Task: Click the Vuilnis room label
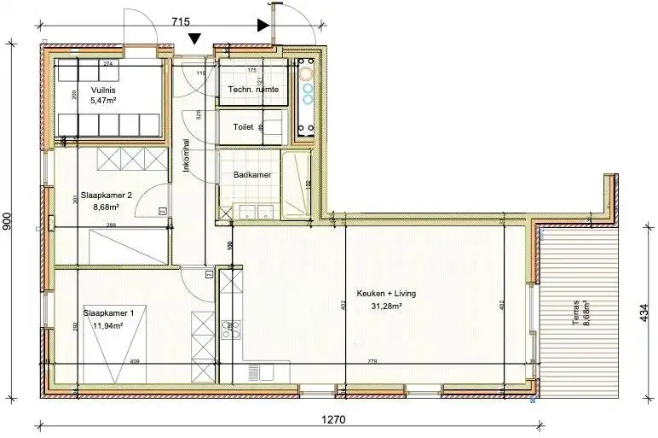103,90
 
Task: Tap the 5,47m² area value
103,100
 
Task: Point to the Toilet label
243,126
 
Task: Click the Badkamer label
252,175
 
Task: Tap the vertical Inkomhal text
187,155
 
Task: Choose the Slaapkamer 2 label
107,195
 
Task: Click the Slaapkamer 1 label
108,312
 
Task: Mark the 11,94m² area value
108,325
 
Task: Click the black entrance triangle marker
195,38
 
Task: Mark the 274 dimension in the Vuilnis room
107,64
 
